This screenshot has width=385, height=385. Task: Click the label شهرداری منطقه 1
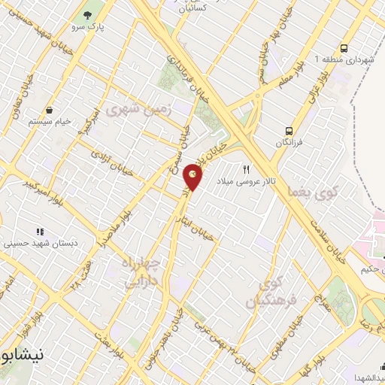(343, 59)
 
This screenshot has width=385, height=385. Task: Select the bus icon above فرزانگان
(289, 129)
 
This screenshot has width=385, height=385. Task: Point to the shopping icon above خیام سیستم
(48, 110)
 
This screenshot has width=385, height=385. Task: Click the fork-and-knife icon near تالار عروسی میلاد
(245, 169)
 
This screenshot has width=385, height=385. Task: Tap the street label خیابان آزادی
(111, 165)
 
